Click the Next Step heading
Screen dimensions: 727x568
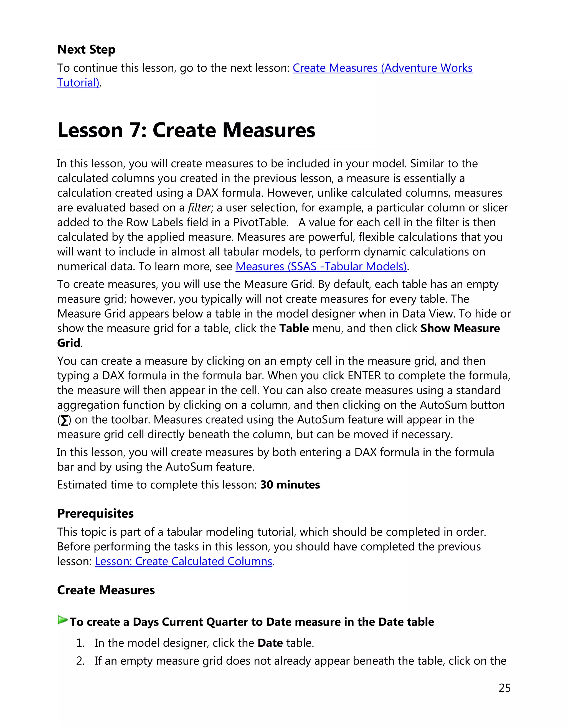(x=86, y=49)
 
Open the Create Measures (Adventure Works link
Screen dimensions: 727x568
(x=382, y=68)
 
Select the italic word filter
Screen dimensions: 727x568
(x=199, y=208)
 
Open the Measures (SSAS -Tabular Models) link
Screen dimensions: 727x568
(x=321, y=267)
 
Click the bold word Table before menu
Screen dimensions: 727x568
(x=293, y=328)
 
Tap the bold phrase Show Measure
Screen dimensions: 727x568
(x=460, y=328)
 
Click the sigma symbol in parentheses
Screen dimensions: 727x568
(x=64, y=420)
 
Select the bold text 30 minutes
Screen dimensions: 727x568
(x=290, y=485)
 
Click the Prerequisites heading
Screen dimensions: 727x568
(x=95, y=513)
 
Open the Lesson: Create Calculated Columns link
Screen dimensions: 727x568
(x=183, y=562)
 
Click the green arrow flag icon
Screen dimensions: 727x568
(x=63, y=620)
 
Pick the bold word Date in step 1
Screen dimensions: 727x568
(x=270, y=643)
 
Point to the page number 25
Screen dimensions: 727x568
(x=504, y=688)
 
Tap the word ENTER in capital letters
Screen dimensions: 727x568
(x=364, y=376)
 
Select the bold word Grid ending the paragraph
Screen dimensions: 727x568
(x=69, y=343)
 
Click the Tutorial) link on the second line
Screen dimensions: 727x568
(x=78, y=83)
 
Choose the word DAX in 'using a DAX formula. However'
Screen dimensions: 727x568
(x=207, y=193)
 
